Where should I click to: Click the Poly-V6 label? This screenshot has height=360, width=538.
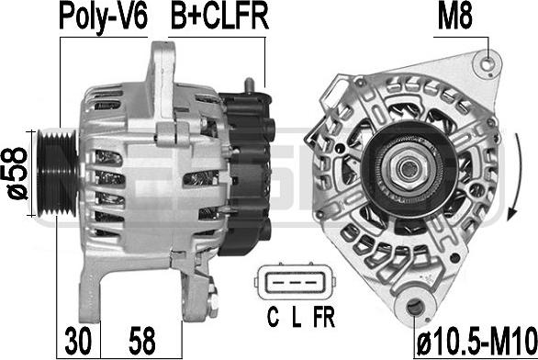tap(103, 17)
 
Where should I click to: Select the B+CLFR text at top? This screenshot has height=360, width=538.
tap(219, 17)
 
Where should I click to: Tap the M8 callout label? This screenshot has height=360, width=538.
tap(455, 17)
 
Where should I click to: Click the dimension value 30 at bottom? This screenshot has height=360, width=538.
tap(79, 341)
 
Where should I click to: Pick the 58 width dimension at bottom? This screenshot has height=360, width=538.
tap(142, 341)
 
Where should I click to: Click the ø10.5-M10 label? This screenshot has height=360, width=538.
tap(476, 341)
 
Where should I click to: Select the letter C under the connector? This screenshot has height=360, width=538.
tap(273, 318)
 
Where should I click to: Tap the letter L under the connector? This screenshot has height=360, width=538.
tap(297, 318)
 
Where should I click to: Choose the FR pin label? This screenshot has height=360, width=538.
tap(323, 318)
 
